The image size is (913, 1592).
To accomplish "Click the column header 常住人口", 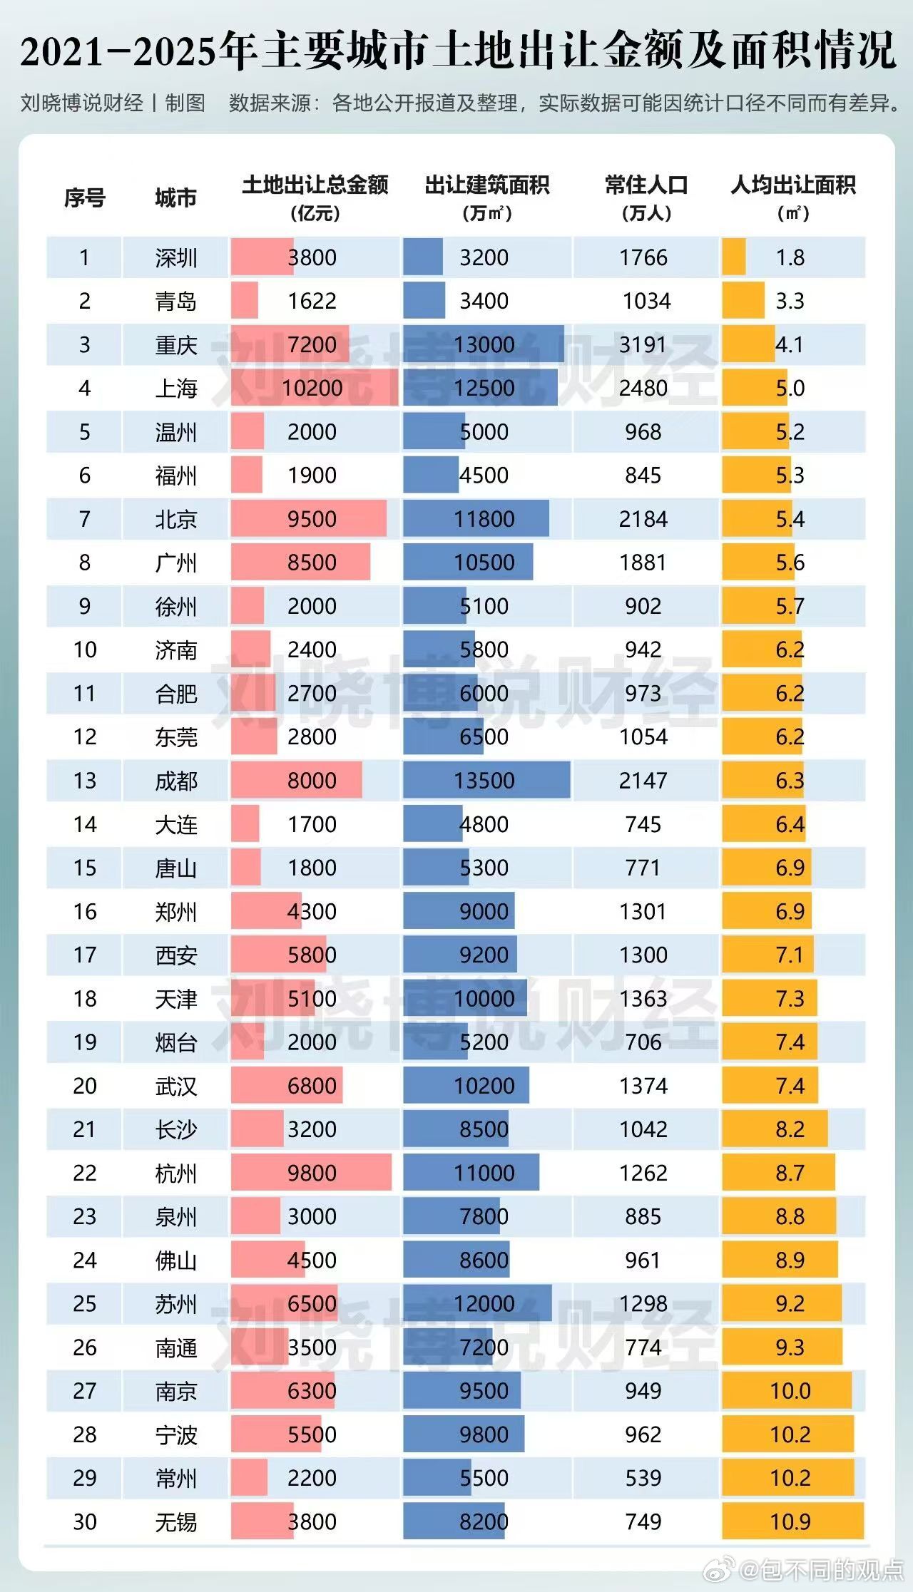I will pyautogui.click(x=646, y=186).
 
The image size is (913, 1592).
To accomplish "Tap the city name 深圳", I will pyautogui.click(x=175, y=257).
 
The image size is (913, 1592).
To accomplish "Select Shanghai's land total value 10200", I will pyautogui.click(x=312, y=389).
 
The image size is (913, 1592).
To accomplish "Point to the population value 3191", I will pyautogui.click(x=643, y=345).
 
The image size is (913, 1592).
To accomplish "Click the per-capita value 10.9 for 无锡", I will pyautogui.click(x=790, y=1521).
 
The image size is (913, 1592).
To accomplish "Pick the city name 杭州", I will pyautogui.click(x=175, y=1173).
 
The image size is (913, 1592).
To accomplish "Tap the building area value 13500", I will pyautogui.click(x=484, y=781).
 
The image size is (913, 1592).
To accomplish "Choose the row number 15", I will pyautogui.click(x=85, y=868).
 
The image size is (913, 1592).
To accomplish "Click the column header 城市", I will pyautogui.click(x=175, y=197).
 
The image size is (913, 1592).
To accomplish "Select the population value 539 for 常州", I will pyautogui.click(x=643, y=1478).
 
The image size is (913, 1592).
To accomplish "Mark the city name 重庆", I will pyautogui.click(x=175, y=345).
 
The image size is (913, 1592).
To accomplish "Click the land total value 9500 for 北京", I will pyautogui.click(x=312, y=519).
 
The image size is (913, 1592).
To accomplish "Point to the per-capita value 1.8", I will pyautogui.click(x=790, y=257).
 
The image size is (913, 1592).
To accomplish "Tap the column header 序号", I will pyautogui.click(x=85, y=197).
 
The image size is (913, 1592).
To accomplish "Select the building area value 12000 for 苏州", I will pyautogui.click(x=484, y=1303).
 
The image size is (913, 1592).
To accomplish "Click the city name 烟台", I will pyautogui.click(x=175, y=1042).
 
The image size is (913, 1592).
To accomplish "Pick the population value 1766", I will pyautogui.click(x=643, y=257).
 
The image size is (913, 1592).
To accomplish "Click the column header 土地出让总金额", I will pyautogui.click(x=315, y=186).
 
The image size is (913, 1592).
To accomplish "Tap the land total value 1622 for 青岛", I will pyautogui.click(x=312, y=301).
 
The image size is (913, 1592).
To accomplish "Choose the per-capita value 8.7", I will pyautogui.click(x=790, y=1173).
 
